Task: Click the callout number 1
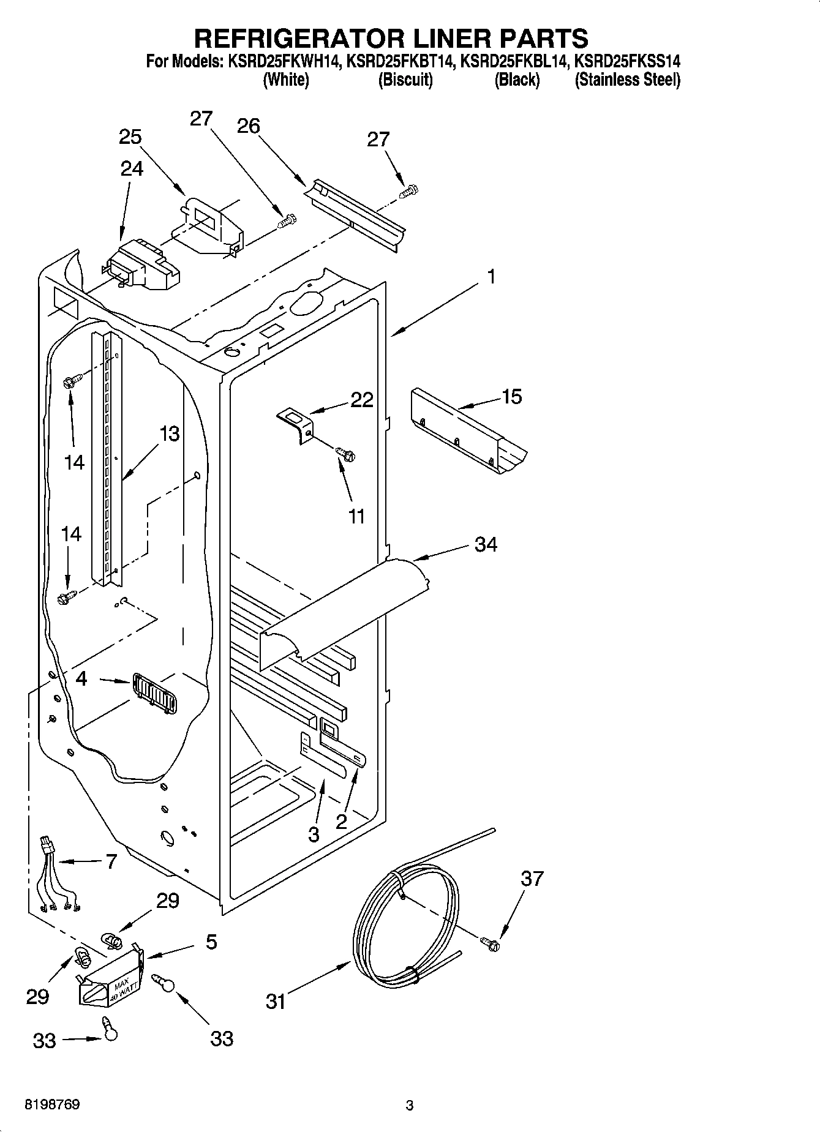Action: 491,277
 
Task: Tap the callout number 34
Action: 486,544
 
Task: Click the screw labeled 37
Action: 490,944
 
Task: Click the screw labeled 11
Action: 346,454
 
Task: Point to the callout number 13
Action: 169,433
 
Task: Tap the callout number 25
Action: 130,137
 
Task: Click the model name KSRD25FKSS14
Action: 627,61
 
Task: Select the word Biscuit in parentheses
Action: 405,80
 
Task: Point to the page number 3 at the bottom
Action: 409,1106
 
